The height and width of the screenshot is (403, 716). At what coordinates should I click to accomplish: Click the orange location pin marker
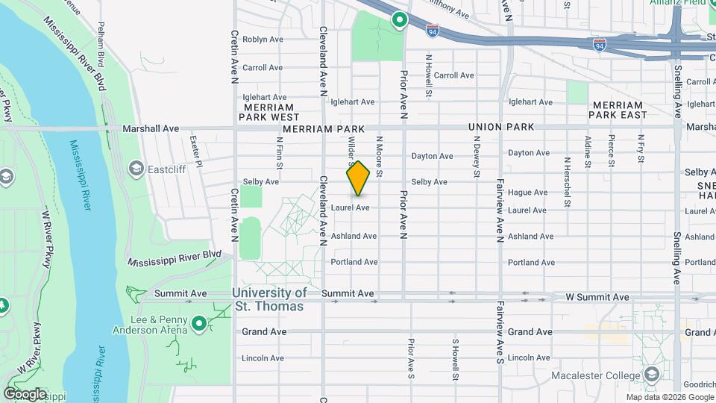click(x=358, y=178)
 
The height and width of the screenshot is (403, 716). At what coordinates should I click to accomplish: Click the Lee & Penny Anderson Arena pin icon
click(x=198, y=323)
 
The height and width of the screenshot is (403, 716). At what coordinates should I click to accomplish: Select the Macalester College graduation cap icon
click(x=651, y=375)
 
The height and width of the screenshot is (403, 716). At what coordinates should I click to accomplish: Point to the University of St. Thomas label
click(x=268, y=300)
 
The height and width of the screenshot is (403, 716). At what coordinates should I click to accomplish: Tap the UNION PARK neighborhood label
click(x=501, y=127)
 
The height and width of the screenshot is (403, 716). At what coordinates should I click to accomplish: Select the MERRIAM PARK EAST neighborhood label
click(x=618, y=110)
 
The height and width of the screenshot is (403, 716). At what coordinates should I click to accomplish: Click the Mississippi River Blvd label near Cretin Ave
click(x=175, y=259)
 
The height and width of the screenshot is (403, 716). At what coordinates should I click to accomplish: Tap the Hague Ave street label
click(x=527, y=193)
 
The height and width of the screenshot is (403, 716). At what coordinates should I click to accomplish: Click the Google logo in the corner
click(x=25, y=393)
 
